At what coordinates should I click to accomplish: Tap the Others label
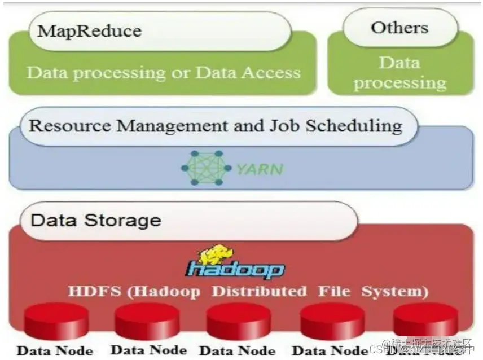pyautogui.click(x=399, y=27)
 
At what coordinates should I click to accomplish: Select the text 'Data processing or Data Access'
pyautogui.click(x=164, y=73)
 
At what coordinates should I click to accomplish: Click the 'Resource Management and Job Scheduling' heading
pyautogui.click(x=216, y=125)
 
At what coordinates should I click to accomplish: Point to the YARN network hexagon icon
pyautogui.click(x=206, y=168)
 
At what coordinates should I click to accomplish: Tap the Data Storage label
pyautogui.click(x=95, y=219)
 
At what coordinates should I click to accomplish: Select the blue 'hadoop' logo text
pyautogui.click(x=235, y=269)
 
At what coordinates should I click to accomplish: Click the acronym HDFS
pyautogui.click(x=90, y=292)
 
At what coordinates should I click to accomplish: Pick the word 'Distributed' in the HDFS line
pyautogui.click(x=259, y=292)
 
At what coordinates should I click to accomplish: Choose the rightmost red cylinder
pyautogui.click(x=425, y=319)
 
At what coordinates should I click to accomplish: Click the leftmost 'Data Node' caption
pyautogui.click(x=55, y=350)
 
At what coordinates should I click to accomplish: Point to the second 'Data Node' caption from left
pyautogui.click(x=148, y=350)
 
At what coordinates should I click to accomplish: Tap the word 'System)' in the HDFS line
pyautogui.click(x=394, y=292)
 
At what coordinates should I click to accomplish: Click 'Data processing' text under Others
pyautogui.click(x=399, y=73)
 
